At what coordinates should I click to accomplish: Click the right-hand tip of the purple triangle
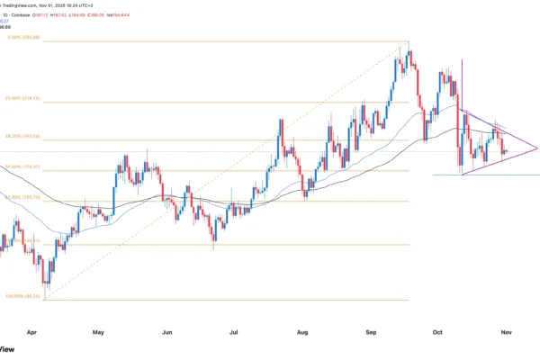pyautogui.click(x=537, y=148)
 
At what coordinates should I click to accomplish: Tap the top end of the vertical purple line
pyautogui.click(x=461, y=59)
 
